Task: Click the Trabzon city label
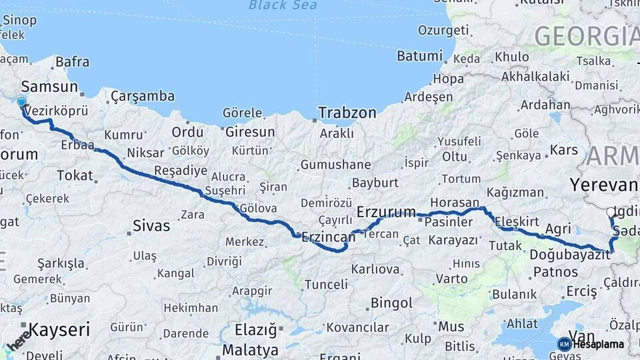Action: point(347,113)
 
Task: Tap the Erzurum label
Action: point(386,212)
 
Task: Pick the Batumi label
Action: point(419,56)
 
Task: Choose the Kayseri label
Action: point(59,329)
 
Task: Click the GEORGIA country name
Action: point(585,35)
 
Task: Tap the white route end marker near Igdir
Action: point(611,213)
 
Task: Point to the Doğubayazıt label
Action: point(571,254)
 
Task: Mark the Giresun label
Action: point(250,132)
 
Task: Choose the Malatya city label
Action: point(251,349)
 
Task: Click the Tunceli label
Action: point(326,285)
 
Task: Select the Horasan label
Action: point(455,202)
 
